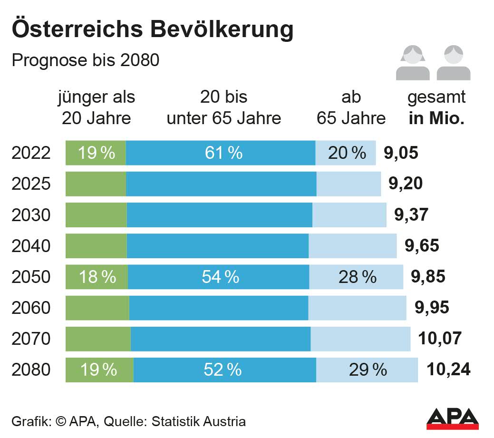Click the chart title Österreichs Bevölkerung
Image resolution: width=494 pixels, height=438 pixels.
click(152, 29)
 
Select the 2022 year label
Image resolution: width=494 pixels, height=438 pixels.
click(31, 153)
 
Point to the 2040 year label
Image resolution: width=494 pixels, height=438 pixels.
click(31, 246)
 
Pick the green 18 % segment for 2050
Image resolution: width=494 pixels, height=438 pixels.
click(97, 277)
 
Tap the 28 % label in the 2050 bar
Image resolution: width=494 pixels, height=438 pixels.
click(357, 277)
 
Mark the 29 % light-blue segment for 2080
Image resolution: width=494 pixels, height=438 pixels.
click(367, 370)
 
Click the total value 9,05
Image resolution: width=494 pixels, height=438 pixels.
click(400, 153)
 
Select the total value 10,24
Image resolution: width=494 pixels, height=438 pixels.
click(448, 370)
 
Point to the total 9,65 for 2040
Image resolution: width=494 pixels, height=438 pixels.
click(422, 246)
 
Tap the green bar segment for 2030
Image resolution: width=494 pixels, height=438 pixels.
click(96, 215)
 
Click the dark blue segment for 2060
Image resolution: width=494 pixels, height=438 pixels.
click(219, 308)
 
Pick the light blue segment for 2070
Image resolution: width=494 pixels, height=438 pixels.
click(360, 339)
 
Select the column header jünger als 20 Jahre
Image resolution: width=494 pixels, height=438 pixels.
click(97, 107)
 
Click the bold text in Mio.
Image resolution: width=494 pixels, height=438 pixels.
click(436, 118)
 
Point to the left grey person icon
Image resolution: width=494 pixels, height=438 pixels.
click(413, 62)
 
